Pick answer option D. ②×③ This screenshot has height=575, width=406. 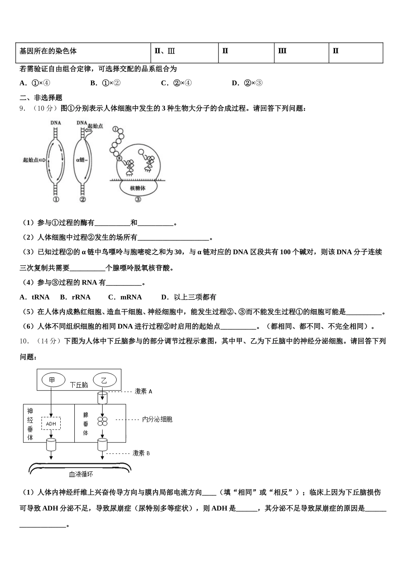pos(247,83)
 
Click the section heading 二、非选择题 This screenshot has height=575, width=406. pos(41,98)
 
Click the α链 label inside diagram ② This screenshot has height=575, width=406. pos(81,160)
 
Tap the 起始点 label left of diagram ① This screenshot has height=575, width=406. pos(31,160)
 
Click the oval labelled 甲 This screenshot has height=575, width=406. pos(53,379)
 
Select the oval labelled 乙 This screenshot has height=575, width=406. pos(103,379)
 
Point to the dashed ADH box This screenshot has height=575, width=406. pos(51,424)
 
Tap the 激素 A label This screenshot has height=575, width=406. pos(143,391)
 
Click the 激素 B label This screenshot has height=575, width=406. pos(141,453)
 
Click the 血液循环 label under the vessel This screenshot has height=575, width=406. pos(81,474)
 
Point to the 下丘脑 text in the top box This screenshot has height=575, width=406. pos(79,385)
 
